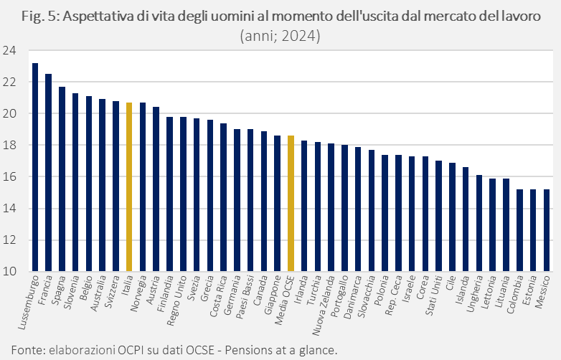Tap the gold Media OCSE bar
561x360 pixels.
(291, 204)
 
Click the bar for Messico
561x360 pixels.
(547, 230)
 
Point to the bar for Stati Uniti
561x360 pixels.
(439, 216)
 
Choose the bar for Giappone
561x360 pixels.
(277, 204)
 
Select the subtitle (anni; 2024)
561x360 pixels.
(280, 34)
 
